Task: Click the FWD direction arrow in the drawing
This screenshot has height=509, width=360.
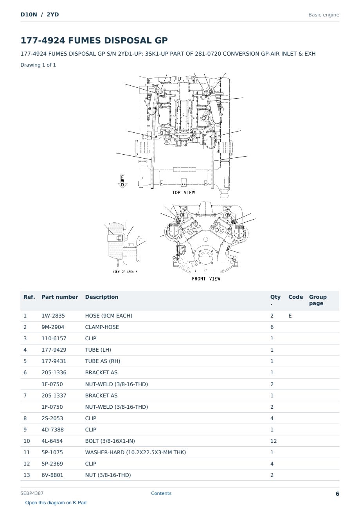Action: [122, 181]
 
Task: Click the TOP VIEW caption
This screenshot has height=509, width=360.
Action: [183, 193]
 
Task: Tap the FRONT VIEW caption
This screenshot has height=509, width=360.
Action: [206, 279]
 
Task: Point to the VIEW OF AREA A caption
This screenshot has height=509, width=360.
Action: [125, 272]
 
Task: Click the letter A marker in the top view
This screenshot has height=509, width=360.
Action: [150, 109]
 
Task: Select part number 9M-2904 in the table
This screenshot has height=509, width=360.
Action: [53, 327]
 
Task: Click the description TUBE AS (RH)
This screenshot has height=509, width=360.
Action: [103, 361]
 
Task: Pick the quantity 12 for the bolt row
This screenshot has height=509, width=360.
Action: [274, 441]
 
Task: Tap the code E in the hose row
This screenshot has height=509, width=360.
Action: [290, 316]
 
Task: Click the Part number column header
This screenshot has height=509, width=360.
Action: [60, 297]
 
